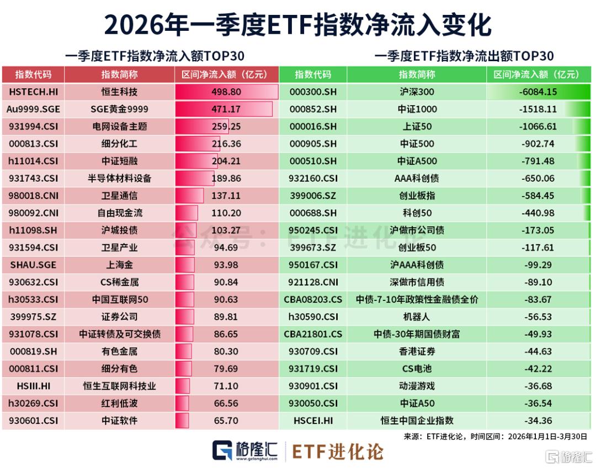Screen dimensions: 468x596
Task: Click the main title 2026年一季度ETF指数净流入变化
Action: (297, 25)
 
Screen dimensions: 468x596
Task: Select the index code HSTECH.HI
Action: (33, 92)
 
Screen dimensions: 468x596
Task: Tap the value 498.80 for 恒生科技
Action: (226, 92)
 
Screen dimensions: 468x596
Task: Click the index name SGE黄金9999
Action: (120, 109)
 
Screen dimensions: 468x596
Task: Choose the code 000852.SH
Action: (312, 109)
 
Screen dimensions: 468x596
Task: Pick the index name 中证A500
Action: (416, 161)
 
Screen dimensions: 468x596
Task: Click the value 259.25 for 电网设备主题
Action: (226, 126)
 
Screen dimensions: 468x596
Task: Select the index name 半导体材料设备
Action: (120, 178)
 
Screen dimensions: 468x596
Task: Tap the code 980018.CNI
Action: (33, 196)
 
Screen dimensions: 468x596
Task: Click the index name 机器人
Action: (416, 317)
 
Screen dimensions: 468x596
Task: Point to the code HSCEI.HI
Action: (312, 421)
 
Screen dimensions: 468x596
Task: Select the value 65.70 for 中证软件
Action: (226, 421)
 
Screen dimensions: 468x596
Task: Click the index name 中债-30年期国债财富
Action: (416, 334)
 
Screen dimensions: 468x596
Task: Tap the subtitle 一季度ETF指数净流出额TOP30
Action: (464, 56)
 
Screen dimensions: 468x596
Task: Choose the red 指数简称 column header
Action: (120, 74)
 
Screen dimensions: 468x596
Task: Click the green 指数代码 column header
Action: (312, 74)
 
